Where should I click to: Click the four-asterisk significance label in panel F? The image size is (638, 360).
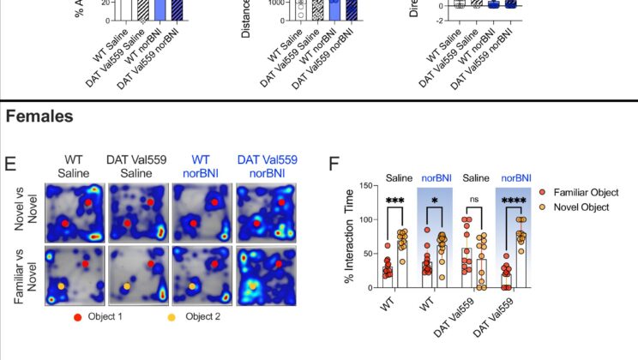[516, 201]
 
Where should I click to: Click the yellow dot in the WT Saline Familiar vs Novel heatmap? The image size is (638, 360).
[61, 285]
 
